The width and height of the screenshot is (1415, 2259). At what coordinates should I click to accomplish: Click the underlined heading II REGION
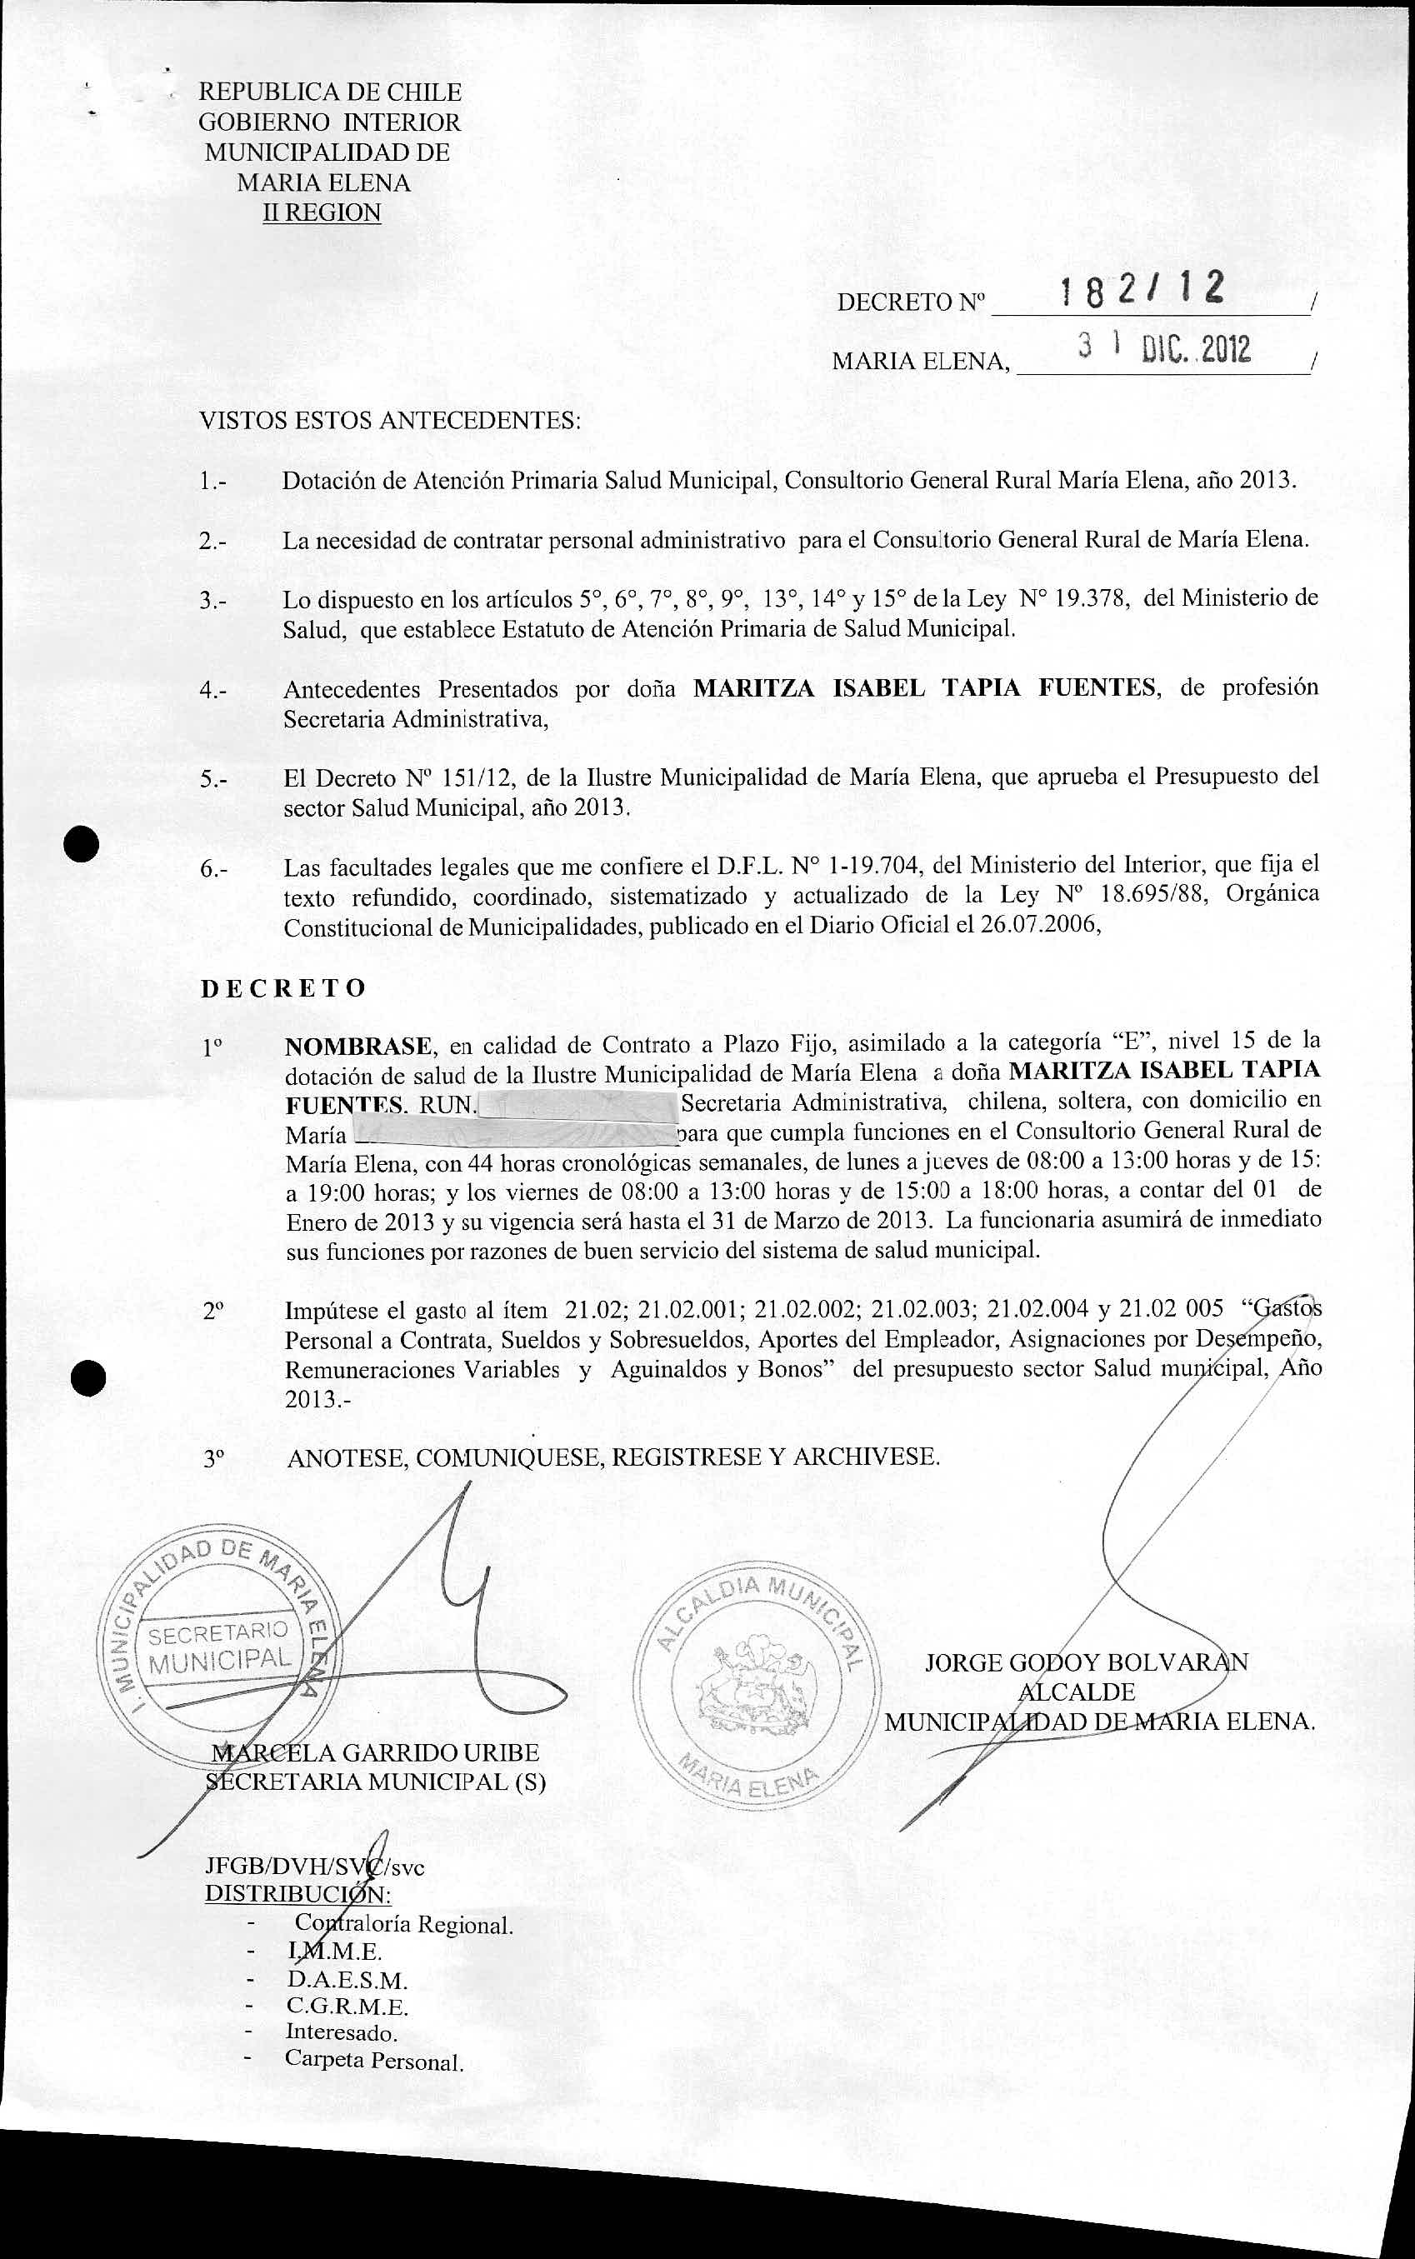click(x=322, y=212)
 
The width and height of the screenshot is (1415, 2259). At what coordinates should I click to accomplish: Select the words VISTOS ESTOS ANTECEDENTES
click(x=390, y=420)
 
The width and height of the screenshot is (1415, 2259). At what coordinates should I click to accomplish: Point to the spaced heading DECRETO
click(x=282, y=988)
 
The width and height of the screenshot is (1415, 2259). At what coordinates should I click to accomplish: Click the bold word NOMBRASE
click(x=358, y=1044)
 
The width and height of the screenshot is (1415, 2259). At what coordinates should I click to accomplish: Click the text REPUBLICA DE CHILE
click(x=329, y=92)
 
